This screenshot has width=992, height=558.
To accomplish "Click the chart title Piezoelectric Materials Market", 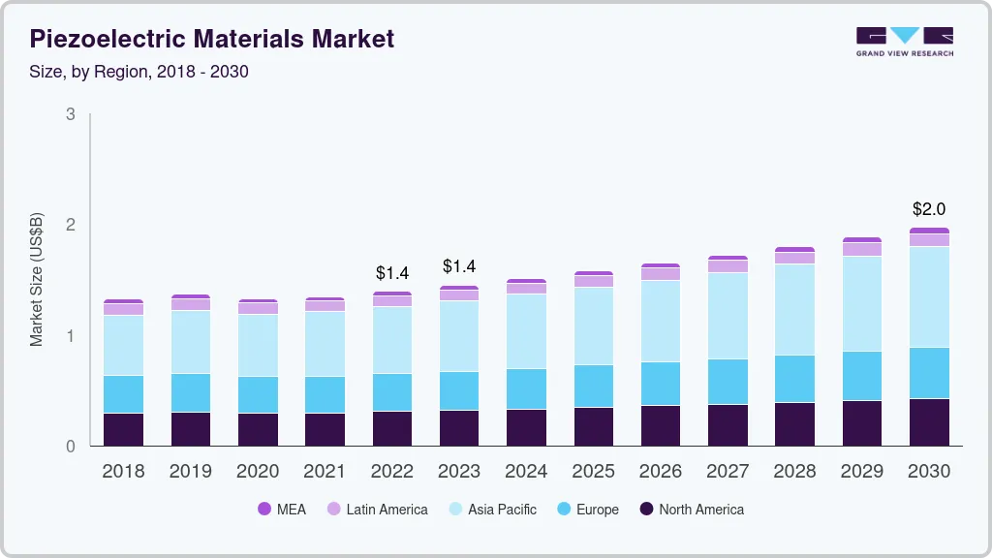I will (x=212, y=40).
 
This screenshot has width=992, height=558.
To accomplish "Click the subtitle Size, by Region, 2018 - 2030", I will (x=139, y=72).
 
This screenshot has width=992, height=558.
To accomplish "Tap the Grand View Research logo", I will (x=904, y=41).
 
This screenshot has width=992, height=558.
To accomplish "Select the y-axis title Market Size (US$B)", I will (x=37, y=280).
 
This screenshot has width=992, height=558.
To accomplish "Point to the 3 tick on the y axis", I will (x=70, y=114).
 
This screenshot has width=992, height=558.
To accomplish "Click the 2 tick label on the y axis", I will (x=70, y=225).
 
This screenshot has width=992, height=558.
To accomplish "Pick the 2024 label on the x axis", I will (x=526, y=472).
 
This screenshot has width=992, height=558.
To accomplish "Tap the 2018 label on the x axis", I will (x=123, y=472).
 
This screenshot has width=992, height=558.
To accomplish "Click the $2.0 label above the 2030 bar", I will (x=929, y=209).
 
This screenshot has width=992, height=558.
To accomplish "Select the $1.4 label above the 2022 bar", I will (x=392, y=273).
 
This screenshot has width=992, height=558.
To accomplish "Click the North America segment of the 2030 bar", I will (x=929, y=422).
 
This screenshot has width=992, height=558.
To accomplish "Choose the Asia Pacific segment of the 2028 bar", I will (x=794, y=309).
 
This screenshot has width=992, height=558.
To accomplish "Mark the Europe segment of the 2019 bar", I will (x=190, y=392).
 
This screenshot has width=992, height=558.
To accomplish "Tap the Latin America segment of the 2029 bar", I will (x=862, y=249).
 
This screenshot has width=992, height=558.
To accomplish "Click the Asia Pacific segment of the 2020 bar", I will (x=258, y=345).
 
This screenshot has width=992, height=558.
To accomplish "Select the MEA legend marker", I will (x=264, y=510).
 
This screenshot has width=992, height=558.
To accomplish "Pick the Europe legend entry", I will (x=587, y=510).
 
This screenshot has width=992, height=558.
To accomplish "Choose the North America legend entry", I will (x=692, y=510).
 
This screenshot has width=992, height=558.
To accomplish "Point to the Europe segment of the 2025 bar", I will (x=593, y=386).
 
